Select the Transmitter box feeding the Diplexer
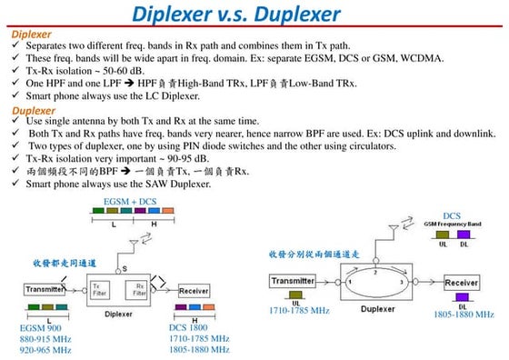coord(44,290)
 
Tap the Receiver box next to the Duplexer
coord(461,283)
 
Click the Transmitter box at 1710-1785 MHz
coord(293,283)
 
